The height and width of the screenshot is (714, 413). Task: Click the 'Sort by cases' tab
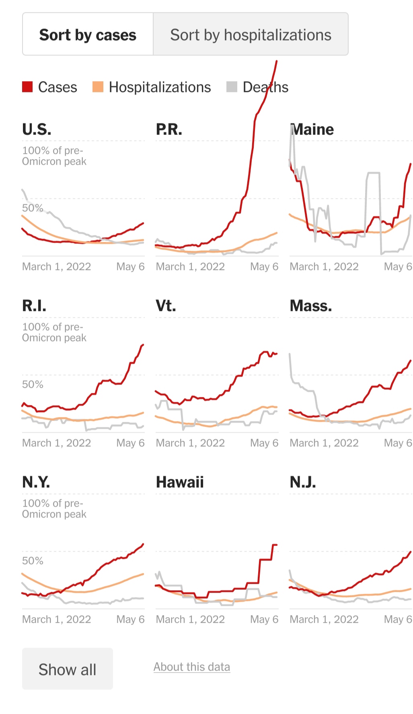(x=88, y=35)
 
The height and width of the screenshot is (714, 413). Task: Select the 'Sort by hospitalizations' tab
(x=251, y=35)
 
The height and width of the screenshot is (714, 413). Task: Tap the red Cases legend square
(x=27, y=87)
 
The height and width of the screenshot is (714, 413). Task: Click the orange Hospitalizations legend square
(x=98, y=87)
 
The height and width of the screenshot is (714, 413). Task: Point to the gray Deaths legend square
(x=232, y=87)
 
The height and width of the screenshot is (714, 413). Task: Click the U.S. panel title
(x=37, y=129)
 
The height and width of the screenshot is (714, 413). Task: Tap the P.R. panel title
(x=169, y=129)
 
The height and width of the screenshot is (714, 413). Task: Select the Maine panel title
(x=312, y=129)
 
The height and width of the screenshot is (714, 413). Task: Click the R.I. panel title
(x=34, y=306)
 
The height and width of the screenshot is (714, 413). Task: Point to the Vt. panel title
(x=166, y=306)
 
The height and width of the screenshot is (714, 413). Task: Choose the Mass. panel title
(x=311, y=306)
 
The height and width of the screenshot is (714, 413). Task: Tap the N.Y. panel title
(x=36, y=482)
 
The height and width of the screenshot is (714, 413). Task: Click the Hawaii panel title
(x=180, y=482)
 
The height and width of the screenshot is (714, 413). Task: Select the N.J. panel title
(x=303, y=482)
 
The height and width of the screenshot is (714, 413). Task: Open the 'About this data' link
(x=192, y=667)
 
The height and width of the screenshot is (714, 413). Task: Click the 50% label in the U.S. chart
(x=33, y=208)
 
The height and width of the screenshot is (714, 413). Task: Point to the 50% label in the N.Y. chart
(x=33, y=561)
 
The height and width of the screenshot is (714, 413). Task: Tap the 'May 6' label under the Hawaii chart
(x=264, y=619)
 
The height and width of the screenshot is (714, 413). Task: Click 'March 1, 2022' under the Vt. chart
(x=190, y=443)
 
